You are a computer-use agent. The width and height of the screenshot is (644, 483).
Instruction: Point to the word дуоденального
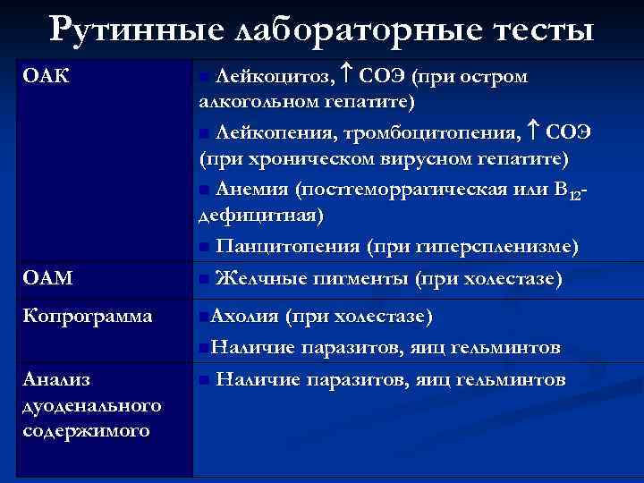90,405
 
